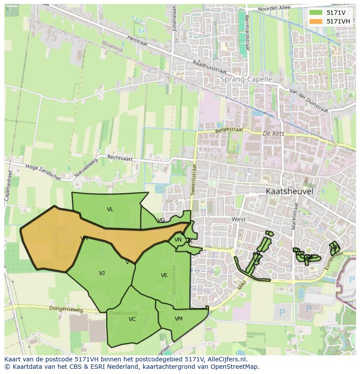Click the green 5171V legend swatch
coord(316,13)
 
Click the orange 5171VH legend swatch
coord(316,21)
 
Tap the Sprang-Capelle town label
coord(246,79)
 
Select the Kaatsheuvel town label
coord(290,191)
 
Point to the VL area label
coord(110,209)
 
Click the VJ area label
coord(102,273)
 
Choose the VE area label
coord(164,275)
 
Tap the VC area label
coord(132,319)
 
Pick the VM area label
coord(178,319)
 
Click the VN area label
coord(178,240)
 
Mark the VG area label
coord(161,220)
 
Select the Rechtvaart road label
coord(119,157)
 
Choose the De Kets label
coord(273,133)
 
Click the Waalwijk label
coord(113,46)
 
